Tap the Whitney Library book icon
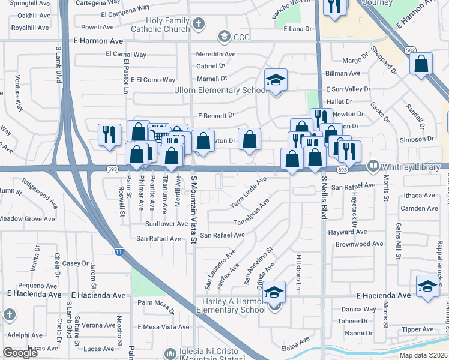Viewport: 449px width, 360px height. coord(373,165)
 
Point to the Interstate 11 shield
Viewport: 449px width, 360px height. coord(119,253)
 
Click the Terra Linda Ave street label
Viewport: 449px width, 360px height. coord(248,193)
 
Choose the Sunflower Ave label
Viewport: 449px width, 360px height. coord(166,224)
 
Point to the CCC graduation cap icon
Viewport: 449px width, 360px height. coord(224,37)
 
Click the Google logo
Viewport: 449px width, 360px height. coord(20,353)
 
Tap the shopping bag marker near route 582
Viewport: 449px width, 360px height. coord(421,64)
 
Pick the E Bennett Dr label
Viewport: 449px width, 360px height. coord(215,115)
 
